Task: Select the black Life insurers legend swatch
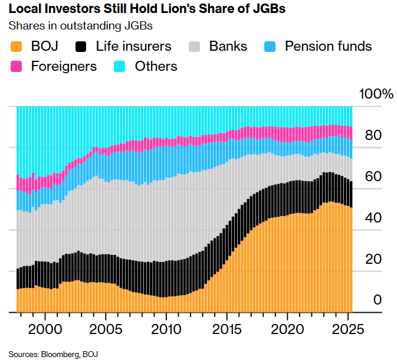point(81,46)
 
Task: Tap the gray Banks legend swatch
point(195,46)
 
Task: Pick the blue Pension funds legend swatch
point(271,46)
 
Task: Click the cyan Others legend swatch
point(120,66)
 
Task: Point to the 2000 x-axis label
point(45,328)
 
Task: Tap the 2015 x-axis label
point(227,328)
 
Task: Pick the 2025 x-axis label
point(347,328)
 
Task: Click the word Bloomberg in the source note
point(61,354)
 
